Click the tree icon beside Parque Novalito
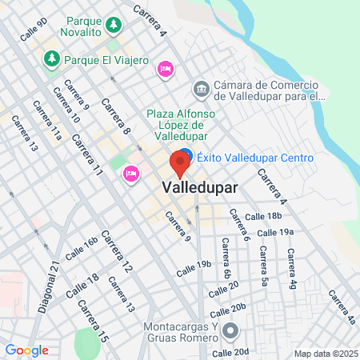(x=115, y=24)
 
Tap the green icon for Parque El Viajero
(x=51, y=58)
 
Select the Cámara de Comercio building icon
(x=201, y=88)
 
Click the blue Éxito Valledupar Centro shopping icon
(x=185, y=155)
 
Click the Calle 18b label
(x=263, y=216)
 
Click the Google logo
(x=26, y=350)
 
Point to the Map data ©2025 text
(x=326, y=354)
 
